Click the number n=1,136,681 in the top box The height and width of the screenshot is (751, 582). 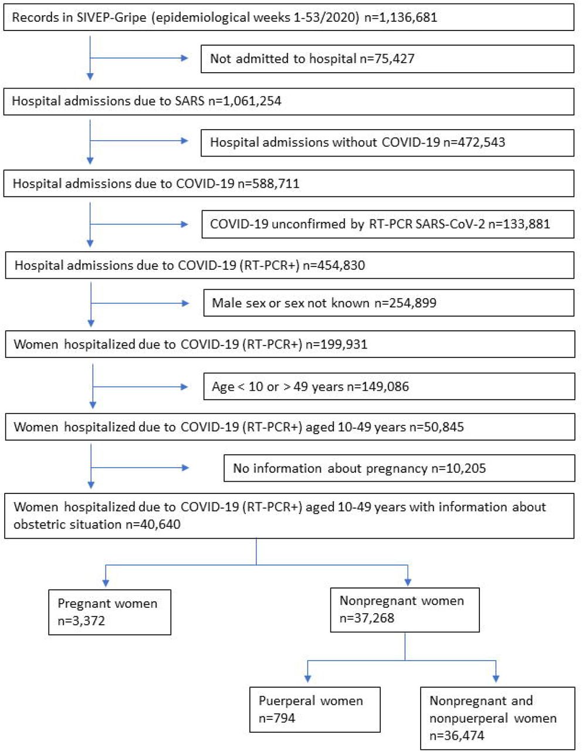pos(401,17)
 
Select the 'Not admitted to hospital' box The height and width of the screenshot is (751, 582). pos(387,59)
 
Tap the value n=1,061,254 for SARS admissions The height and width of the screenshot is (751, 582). pos(245,101)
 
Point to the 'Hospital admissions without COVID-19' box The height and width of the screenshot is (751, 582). pos(387,143)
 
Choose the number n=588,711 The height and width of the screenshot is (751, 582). pos(269,184)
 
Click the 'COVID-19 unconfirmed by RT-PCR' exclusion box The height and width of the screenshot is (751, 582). pos(388,224)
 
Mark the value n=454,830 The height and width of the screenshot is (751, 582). pos(334,265)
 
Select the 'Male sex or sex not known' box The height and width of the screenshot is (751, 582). pos(389,303)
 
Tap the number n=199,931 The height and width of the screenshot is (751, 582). pos(337,344)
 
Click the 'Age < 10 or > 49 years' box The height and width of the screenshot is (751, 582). pos(389,387)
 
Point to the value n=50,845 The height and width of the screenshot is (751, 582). pos(436,427)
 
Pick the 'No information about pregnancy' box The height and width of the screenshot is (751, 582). pos(399,468)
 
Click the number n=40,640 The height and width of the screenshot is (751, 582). pos(153,525)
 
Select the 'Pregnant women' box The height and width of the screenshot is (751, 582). pos(110,612)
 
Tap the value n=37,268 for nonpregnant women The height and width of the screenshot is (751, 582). pos(367,618)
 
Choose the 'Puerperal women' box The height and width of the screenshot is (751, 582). pos(315,709)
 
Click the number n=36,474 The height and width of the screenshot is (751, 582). pos(456,735)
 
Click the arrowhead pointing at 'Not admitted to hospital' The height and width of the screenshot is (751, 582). pos(185,58)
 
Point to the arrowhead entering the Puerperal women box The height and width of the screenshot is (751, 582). pos(307,679)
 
